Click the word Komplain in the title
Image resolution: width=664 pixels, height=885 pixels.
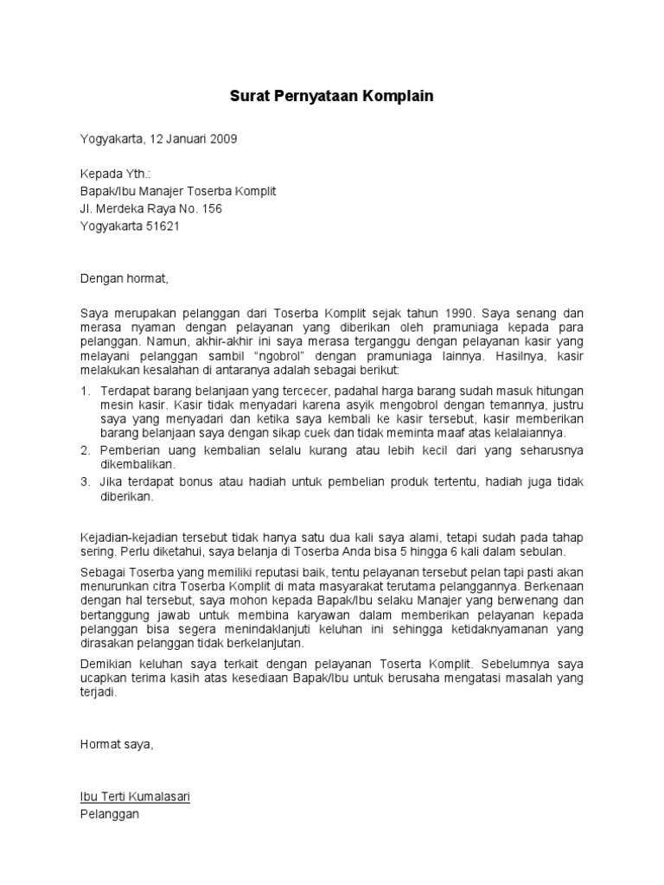[395, 97]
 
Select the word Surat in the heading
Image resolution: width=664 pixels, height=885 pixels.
[249, 97]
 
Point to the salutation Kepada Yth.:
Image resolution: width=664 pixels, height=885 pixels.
[114, 174]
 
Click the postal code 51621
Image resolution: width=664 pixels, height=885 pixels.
[164, 226]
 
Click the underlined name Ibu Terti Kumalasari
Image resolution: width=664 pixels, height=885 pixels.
[135, 796]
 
